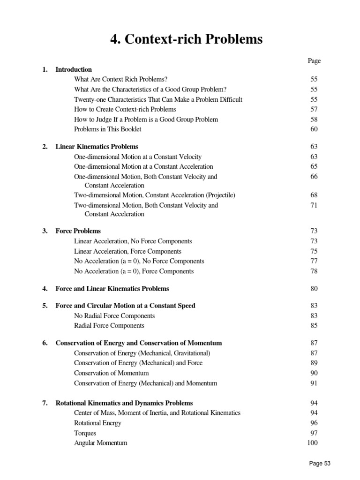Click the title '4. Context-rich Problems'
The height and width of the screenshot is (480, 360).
point(187,39)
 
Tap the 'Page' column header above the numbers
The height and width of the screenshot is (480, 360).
point(314,60)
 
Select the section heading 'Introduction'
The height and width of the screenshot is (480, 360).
point(74,69)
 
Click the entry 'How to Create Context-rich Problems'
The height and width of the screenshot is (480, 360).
point(125,109)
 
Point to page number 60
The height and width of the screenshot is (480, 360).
point(314,129)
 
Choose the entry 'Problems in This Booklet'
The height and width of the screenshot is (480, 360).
point(108,129)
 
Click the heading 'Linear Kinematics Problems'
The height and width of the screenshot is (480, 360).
point(97,147)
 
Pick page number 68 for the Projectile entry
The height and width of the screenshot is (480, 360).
point(314,195)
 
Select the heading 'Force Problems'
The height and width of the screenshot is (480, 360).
point(78,231)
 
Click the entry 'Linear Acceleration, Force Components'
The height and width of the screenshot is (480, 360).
point(127,251)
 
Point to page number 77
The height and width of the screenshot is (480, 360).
point(314,261)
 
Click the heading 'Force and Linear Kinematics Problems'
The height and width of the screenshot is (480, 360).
point(112,289)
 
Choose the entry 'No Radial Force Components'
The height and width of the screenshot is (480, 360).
point(114,316)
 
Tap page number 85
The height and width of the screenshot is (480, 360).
point(314,326)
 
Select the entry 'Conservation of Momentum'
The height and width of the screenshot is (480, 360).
point(112,373)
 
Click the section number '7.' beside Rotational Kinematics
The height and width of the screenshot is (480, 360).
point(45,403)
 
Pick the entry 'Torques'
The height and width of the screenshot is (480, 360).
point(85,433)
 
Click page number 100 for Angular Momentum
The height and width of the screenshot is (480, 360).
point(313,443)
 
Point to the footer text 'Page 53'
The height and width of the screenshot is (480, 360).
point(320,463)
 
